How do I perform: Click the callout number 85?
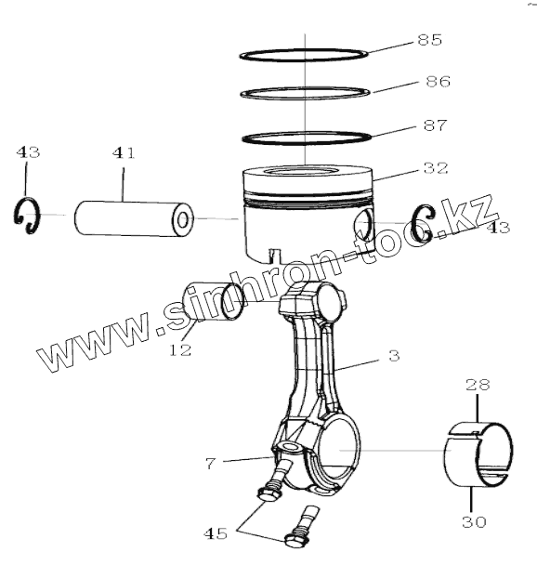click(x=429, y=40)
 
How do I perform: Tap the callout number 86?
click(x=438, y=82)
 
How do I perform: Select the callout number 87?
click(x=435, y=125)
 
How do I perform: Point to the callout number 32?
click(x=436, y=168)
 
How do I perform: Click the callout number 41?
click(x=124, y=152)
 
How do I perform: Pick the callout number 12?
click(x=180, y=349)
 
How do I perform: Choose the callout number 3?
click(x=394, y=356)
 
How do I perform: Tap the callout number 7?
click(x=211, y=463)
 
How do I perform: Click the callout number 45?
click(x=216, y=533)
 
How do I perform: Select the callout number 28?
click(x=478, y=385)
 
